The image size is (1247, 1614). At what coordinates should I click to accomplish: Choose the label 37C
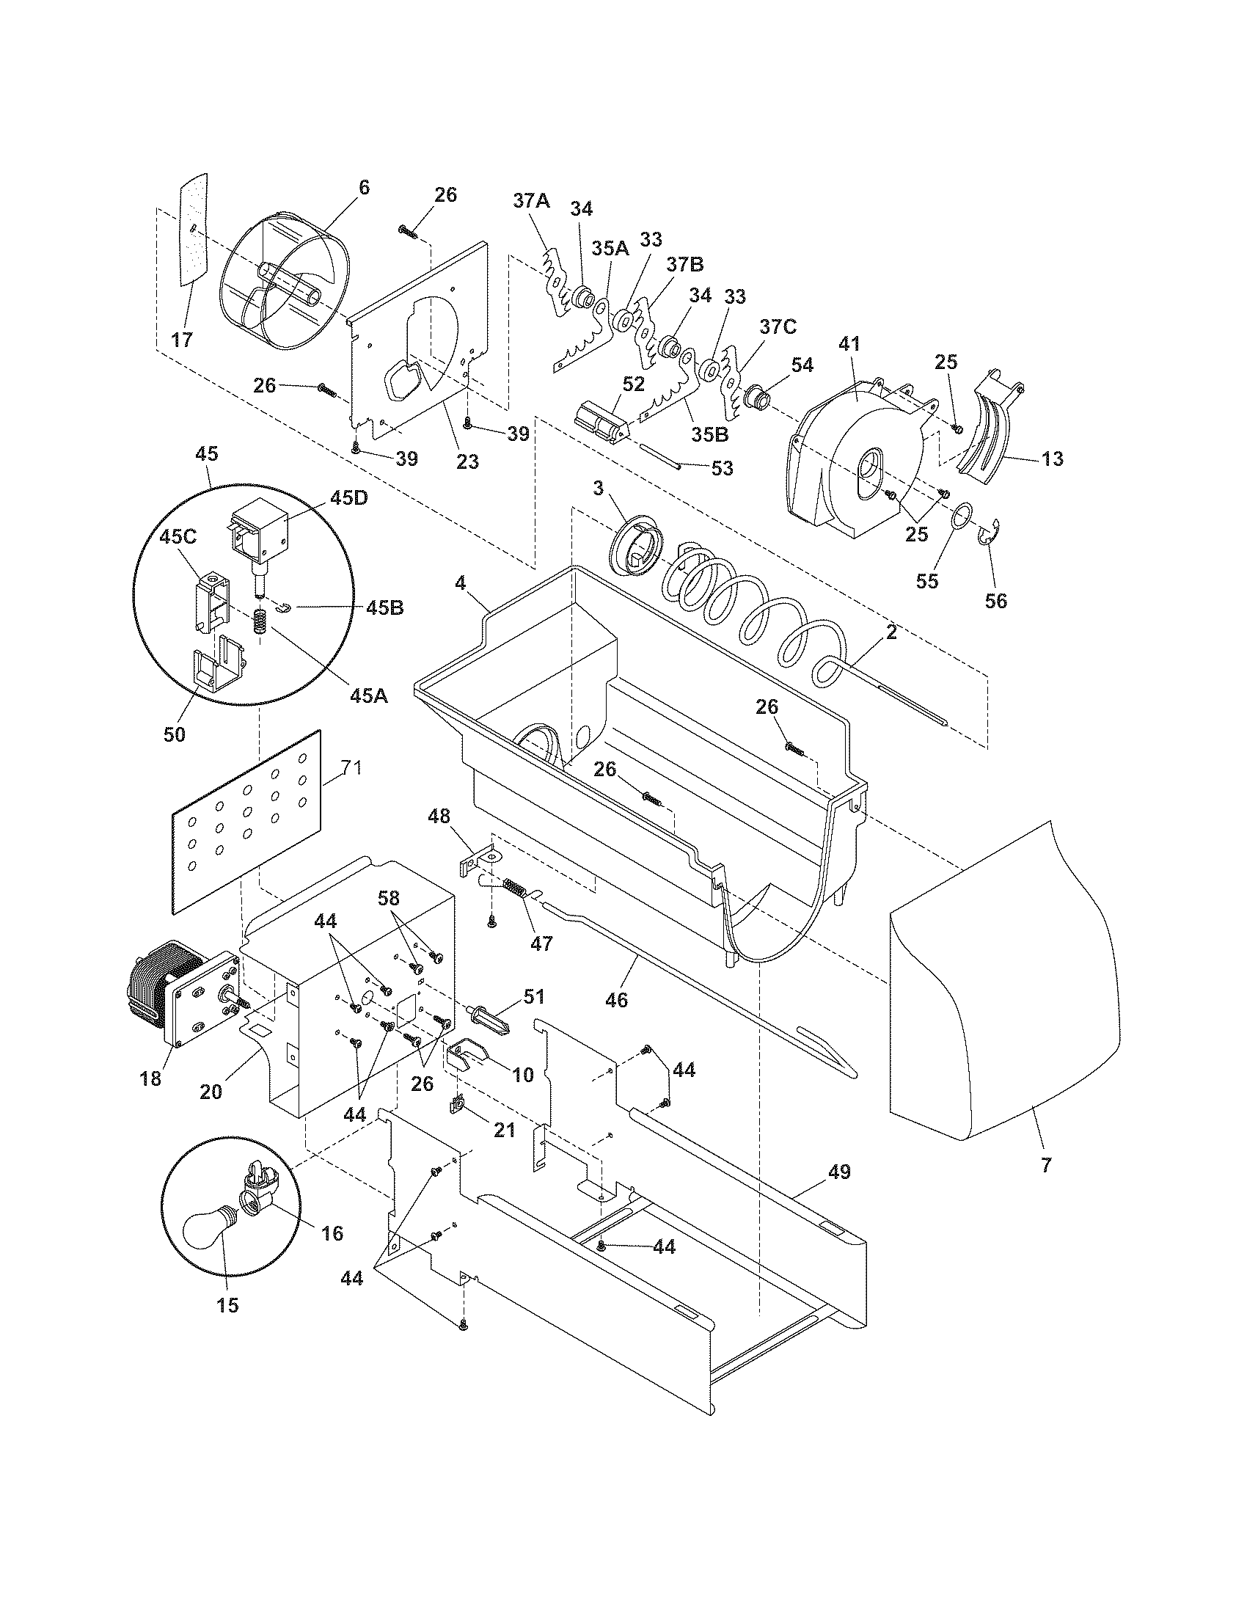pos(777,326)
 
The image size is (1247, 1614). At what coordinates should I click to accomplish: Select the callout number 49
pos(834,1172)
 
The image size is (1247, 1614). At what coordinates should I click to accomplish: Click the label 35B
pos(709,434)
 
